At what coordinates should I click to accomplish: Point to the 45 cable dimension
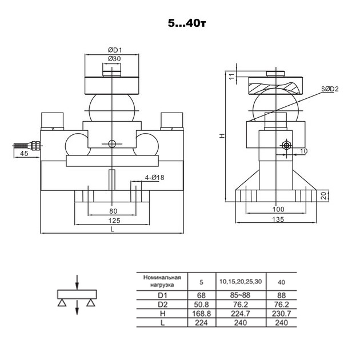pos(25,154)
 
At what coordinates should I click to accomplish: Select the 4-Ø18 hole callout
pos(154,178)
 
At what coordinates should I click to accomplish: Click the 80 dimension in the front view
pos(112,210)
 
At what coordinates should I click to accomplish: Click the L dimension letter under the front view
pos(112,230)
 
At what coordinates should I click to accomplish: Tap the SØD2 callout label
pos(330,89)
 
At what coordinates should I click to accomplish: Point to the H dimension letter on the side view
pos(222,136)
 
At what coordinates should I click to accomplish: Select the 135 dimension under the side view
pos(277,219)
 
